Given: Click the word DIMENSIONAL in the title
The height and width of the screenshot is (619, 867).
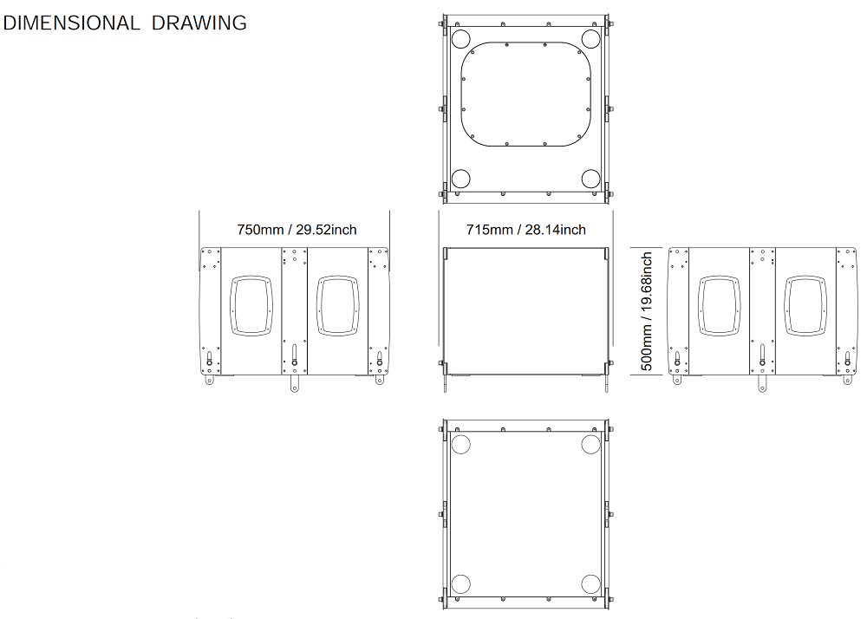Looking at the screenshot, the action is [x=71, y=23].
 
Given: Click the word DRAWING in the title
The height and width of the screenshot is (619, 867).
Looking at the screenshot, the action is [x=199, y=23].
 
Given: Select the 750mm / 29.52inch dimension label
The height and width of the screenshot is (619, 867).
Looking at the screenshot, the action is [x=297, y=230].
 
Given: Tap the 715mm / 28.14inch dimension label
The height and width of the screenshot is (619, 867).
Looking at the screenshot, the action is [x=526, y=230].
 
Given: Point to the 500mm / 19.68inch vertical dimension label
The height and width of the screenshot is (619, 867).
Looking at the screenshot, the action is [x=647, y=311].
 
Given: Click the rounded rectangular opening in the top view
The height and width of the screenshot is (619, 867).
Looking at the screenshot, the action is [x=461, y=94].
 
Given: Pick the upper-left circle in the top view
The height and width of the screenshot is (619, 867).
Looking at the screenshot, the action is [x=460, y=39].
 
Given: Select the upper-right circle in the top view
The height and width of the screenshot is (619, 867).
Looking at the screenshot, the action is [x=590, y=39].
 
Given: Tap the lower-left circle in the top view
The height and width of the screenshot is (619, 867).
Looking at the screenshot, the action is [x=460, y=179].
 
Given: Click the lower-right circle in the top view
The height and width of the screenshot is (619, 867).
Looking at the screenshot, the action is [x=590, y=179].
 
